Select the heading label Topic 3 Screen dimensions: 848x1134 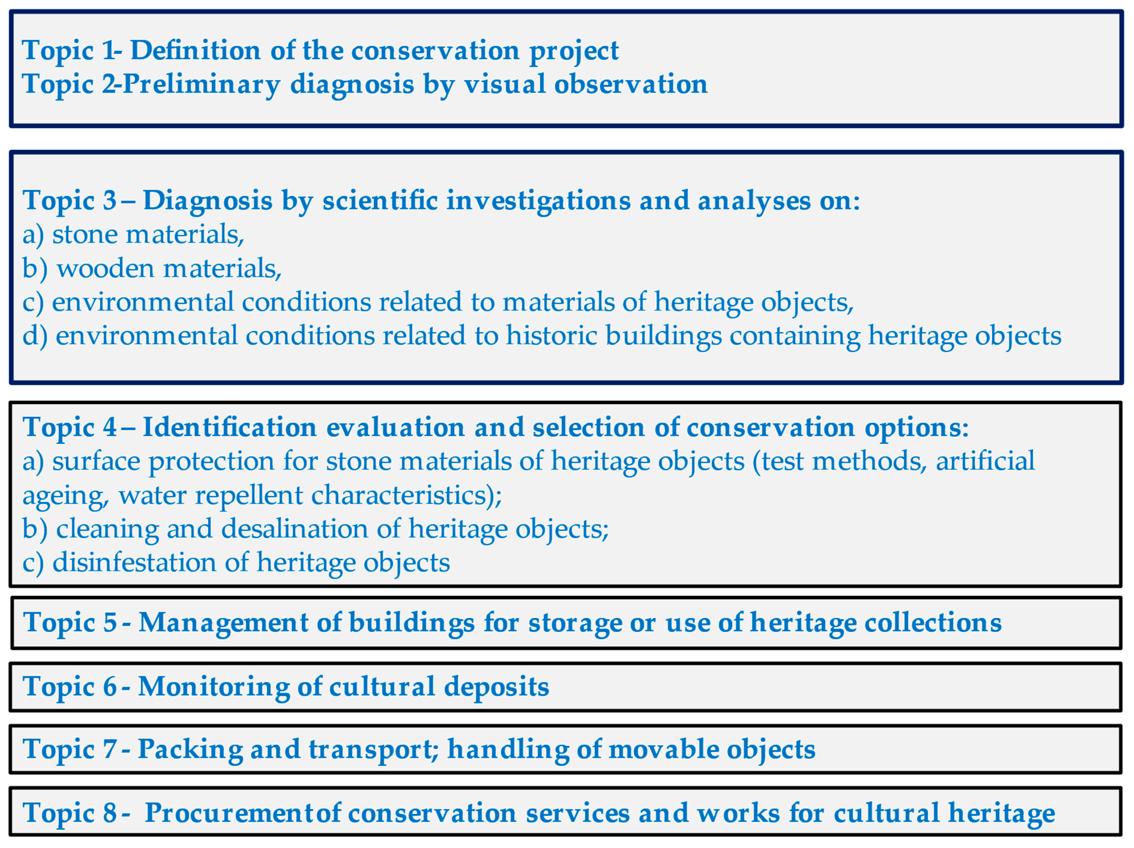70,200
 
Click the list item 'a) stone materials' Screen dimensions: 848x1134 133,235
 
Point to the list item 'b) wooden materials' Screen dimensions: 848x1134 152,268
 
